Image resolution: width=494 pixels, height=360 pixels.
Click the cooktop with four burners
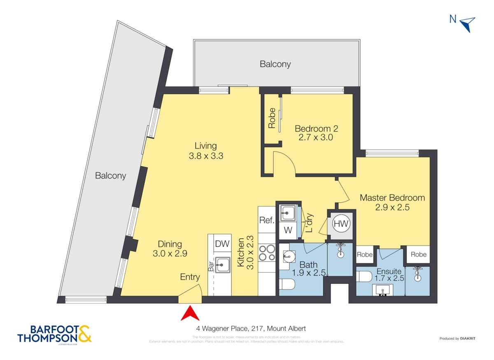(x=266, y=253)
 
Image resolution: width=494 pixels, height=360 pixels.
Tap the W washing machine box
(x=288, y=231)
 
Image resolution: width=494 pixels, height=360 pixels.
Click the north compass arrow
(x=468, y=24)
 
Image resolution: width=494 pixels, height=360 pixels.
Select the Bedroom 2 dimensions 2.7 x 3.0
(x=314, y=137)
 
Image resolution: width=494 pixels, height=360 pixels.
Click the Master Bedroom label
(x=392, y=197)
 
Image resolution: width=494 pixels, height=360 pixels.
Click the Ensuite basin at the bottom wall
(x=384, y=291)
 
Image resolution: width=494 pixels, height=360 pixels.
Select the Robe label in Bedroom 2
(x=272, y=118)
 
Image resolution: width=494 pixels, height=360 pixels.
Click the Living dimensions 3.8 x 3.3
(x=206, y=156)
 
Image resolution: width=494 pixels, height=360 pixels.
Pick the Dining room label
(x=170, y=244)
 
